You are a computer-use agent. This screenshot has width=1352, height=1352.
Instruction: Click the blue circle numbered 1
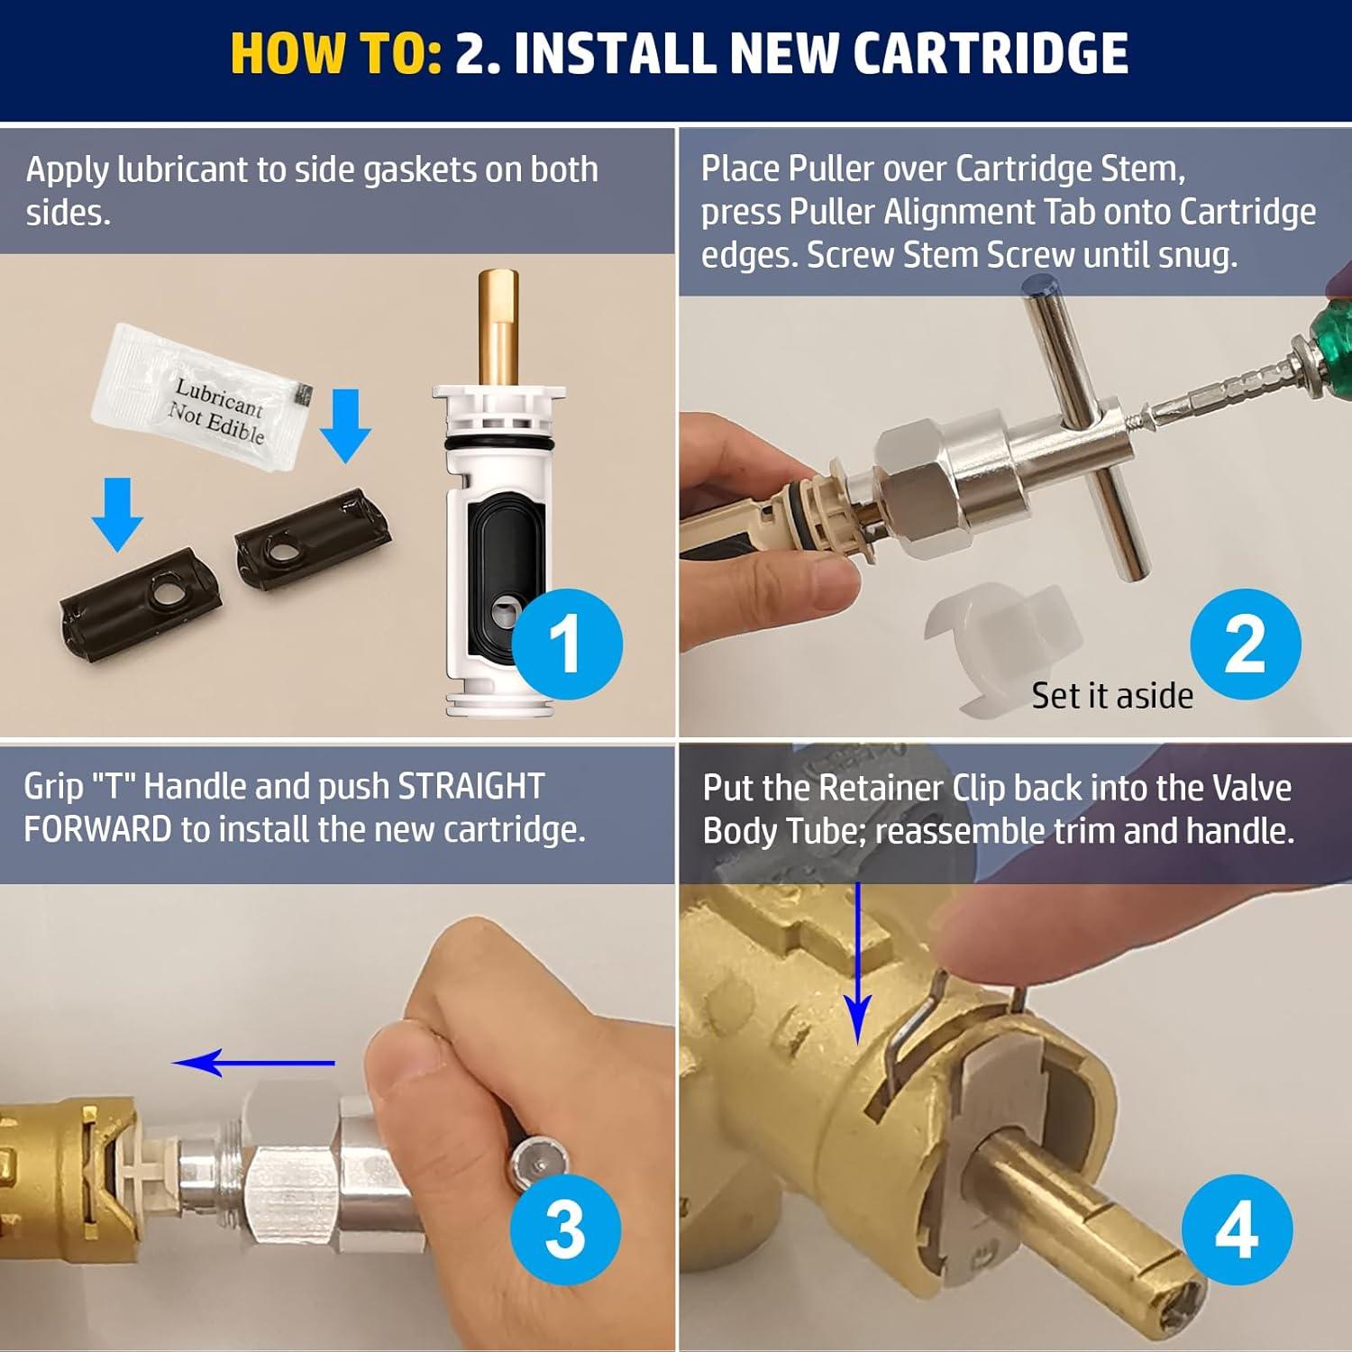click(x=567, y=644)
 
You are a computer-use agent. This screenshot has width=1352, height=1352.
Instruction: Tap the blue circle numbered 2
click(x=1245, y=644)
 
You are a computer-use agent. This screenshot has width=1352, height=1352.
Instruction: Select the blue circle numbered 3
click(x=565, y=1229)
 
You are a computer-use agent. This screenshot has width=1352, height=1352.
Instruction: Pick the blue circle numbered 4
click(x=1237, y=1229)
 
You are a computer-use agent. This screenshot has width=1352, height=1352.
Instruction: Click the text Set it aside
click(x=1111, y=696)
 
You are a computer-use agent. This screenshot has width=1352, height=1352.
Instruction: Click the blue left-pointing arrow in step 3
click(x=253, y=1064)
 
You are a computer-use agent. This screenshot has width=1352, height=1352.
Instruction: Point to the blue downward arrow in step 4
click(x=858, y=964)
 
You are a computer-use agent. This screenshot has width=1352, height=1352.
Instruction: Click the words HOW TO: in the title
click(x=335, y=54)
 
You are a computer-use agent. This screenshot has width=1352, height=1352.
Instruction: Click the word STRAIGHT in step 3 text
click(x=470, y=786)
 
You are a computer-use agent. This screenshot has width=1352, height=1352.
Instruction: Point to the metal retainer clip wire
click(x=910, y=1037)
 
